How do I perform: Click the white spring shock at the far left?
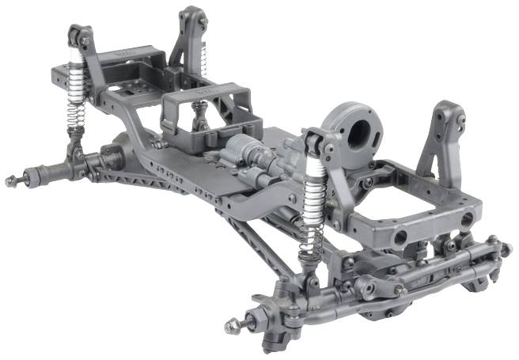(77, 79)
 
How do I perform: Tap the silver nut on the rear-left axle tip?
(11, 181)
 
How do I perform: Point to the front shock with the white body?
(315, 190)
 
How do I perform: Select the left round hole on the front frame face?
(400, 236)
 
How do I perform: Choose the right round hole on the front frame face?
(467, 218)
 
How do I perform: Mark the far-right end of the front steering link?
(505, 250)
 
